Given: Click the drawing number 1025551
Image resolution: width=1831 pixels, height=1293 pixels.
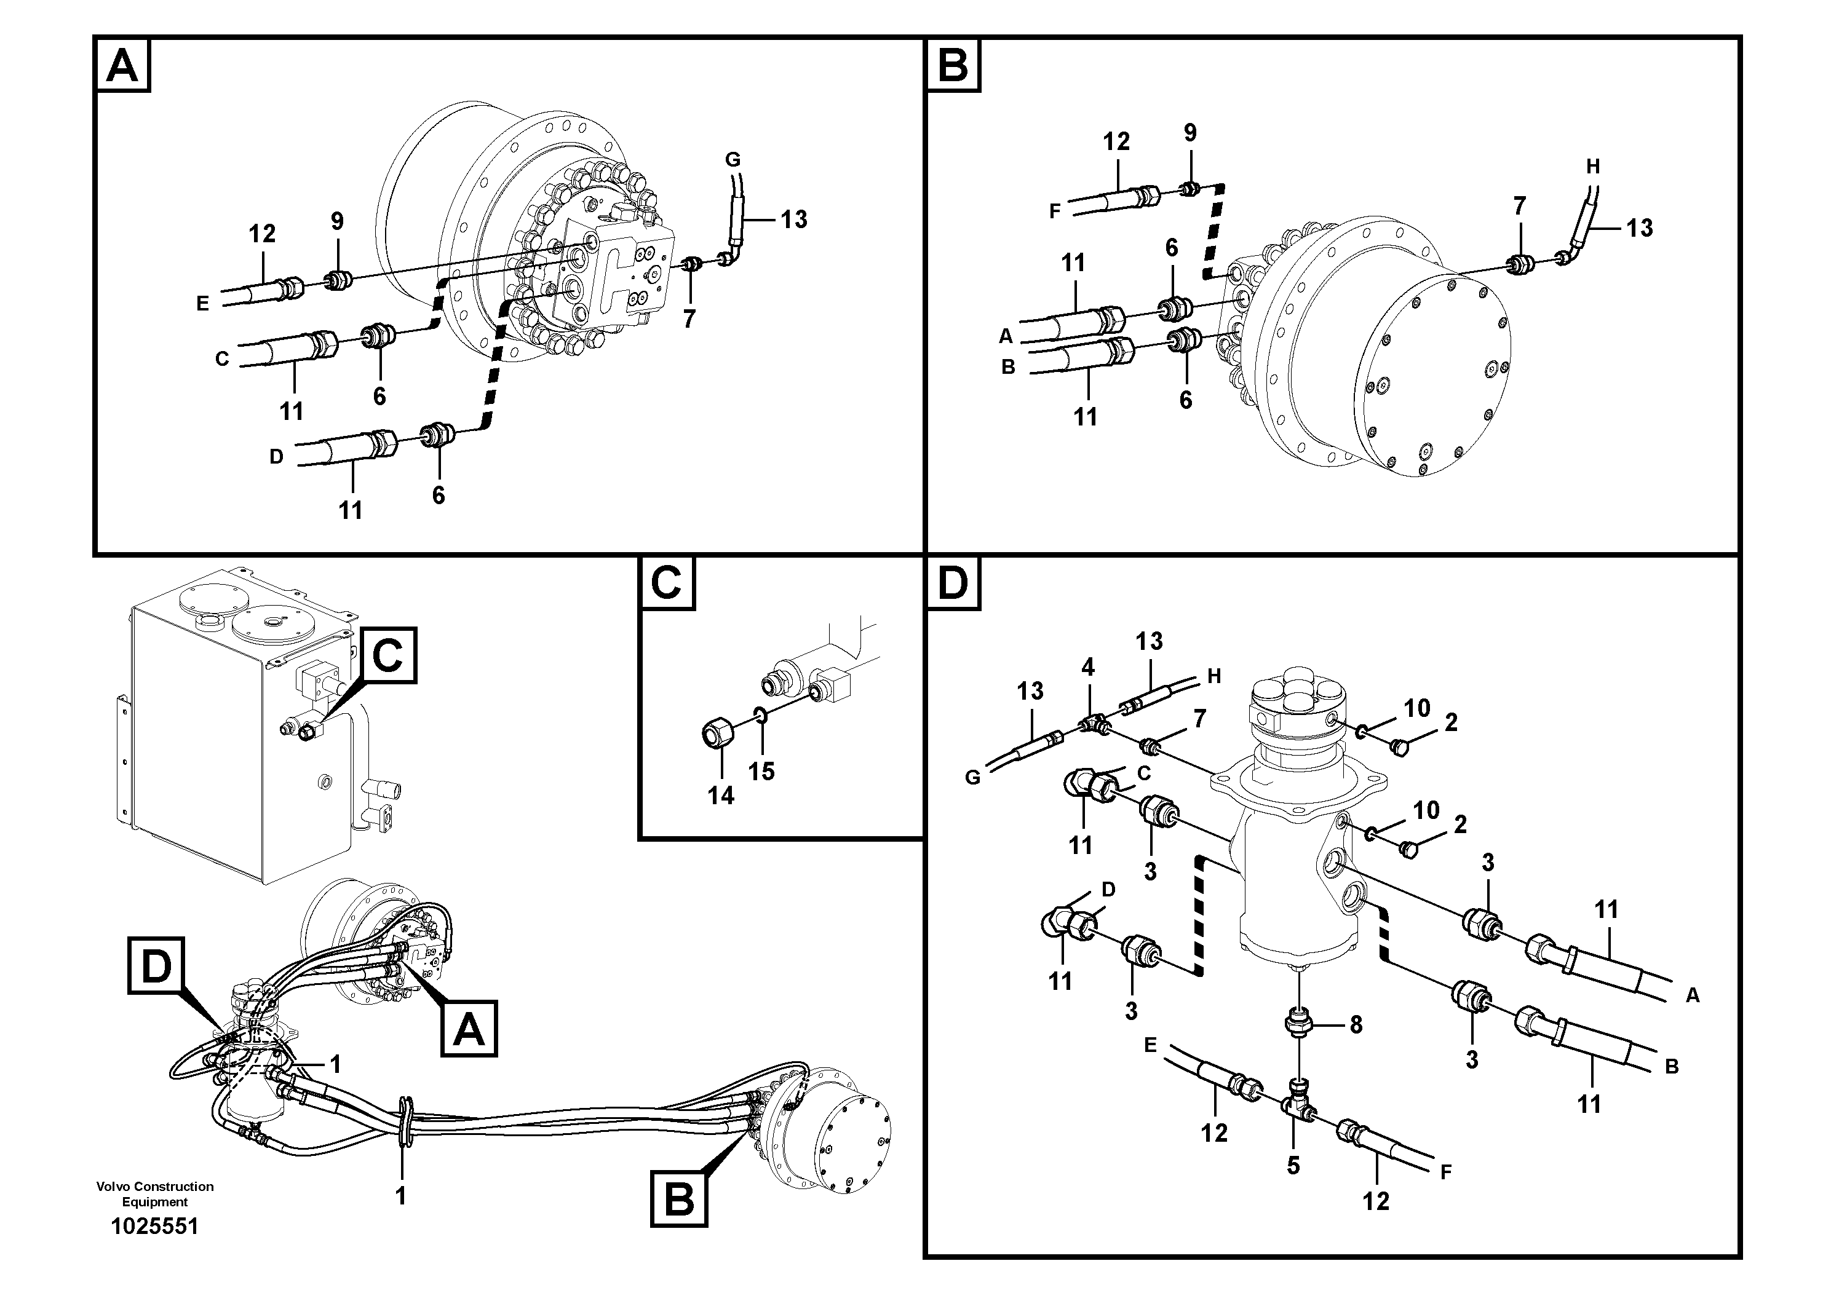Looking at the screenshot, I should tap(155, 1226).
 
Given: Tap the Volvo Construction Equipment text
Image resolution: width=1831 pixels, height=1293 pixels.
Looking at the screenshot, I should tap(155, 1193).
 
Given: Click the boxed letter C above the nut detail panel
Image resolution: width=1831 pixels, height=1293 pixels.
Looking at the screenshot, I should tap(666, 583).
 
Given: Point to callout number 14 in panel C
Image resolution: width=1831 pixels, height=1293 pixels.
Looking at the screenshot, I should tap(721, 795).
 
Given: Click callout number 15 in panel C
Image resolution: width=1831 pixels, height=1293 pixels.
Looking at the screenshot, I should tap(761, 771).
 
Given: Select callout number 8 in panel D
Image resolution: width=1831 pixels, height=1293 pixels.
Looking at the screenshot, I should tap(1356, 1025).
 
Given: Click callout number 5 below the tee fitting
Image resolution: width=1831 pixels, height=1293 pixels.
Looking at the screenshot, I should tap(1293, 1166).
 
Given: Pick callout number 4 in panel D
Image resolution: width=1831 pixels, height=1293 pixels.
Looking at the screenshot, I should tap(1088, 666).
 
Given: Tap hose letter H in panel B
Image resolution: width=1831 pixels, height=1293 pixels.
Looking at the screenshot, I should tap(1592, 167).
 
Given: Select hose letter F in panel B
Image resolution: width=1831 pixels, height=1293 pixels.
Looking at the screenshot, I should tap(1054, 212).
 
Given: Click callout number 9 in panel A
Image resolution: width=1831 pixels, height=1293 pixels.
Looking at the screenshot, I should tap(337, 221).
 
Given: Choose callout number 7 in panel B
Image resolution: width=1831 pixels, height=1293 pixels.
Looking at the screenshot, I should tap(1519, 206).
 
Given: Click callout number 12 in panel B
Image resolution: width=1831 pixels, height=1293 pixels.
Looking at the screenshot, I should tap(1116, 141).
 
